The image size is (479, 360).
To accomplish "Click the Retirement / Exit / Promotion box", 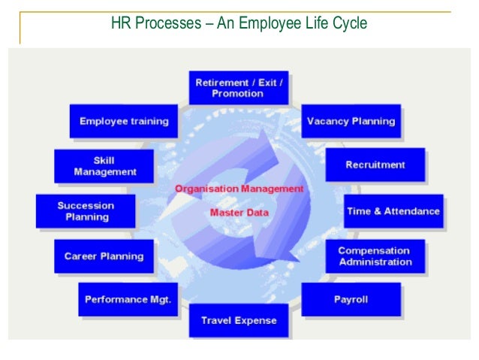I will (x=238, y=88).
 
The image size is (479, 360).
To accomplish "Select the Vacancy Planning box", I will (x=351, y=121).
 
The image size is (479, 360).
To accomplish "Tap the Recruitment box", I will (x=375, y=165).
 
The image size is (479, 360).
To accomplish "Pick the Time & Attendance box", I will (x=393, y=211).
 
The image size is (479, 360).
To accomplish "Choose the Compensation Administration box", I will (x=375, y=256).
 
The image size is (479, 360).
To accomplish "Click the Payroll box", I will (x=351, y=299).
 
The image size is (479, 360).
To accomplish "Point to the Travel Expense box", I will (x=238, y=321).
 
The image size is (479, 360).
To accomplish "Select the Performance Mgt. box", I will (x=128, y=299).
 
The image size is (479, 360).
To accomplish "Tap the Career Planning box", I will (x=104, y=256).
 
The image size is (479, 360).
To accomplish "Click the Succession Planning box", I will (x=86, y=211).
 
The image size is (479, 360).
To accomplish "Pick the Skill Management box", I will (x=104, y=166).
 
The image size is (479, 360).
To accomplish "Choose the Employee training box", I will (x=124, y=121).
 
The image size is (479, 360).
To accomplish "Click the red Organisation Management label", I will (x=239, y=189).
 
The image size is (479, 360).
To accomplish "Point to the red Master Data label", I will (x=239, y=213).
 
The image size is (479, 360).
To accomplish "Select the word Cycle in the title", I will (x=348, y=23).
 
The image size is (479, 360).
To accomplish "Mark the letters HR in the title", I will (x=120, y=23).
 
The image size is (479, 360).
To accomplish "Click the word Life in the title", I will (x=311, y=23).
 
